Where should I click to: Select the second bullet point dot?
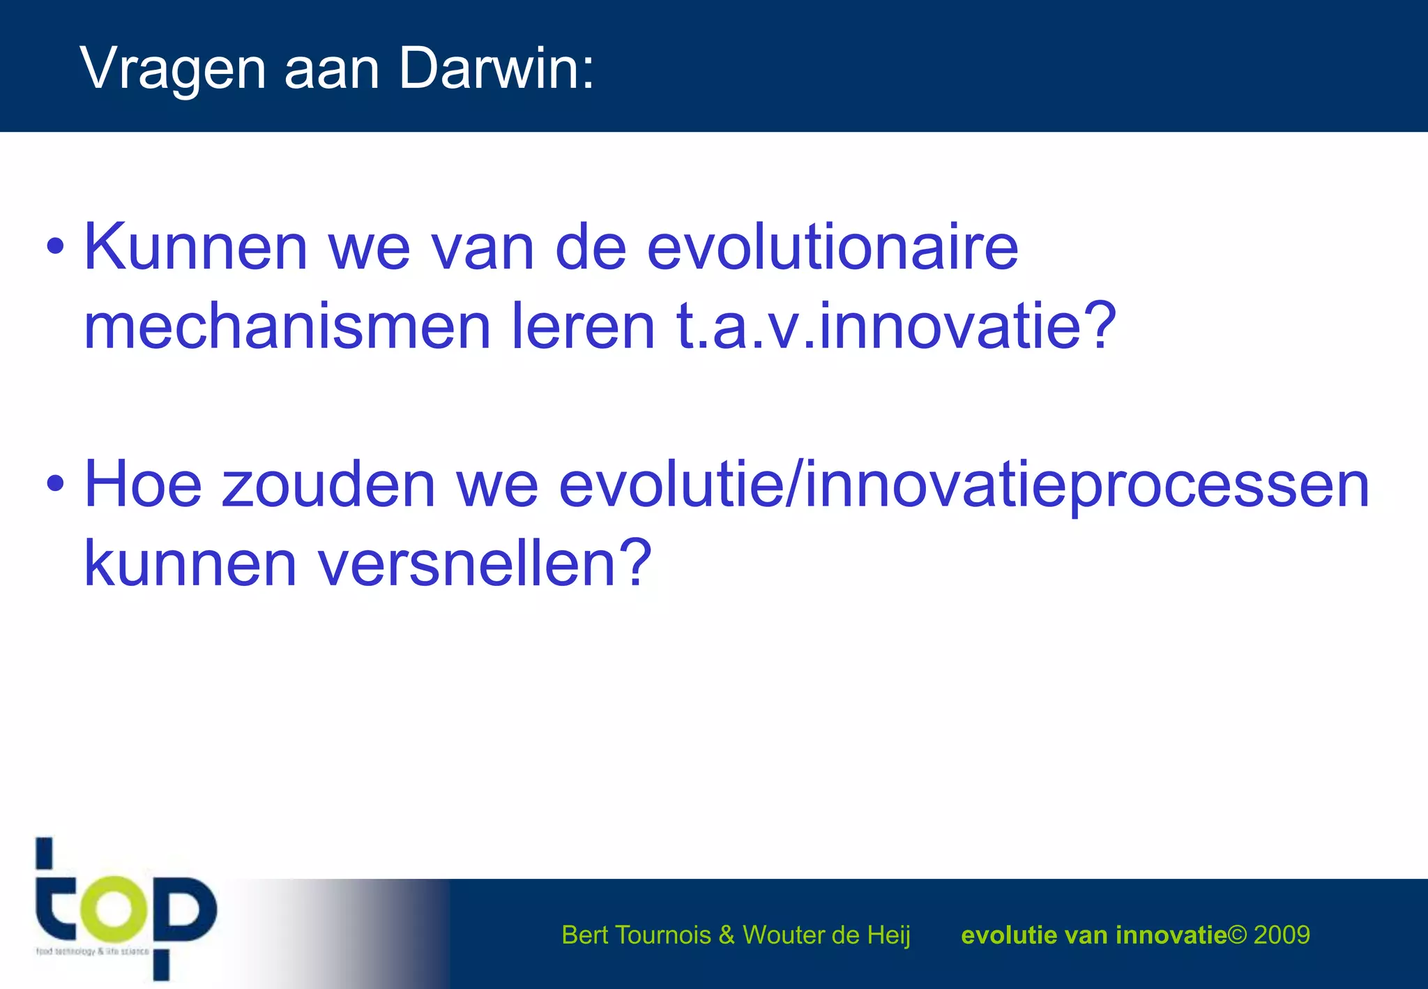[55, 483]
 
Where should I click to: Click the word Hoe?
[143, 485]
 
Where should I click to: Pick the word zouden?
[328, 485]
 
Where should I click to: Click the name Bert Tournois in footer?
[635, 935]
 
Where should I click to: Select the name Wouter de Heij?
[826, 935]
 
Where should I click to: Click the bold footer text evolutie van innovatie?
[1093, 935]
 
